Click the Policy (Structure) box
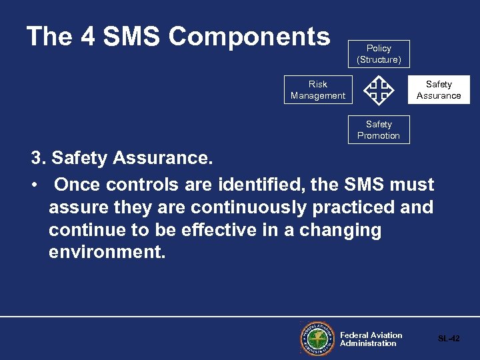[379, 54]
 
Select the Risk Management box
[317, 90]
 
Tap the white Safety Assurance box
[439, 90]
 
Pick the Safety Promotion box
[379, 130]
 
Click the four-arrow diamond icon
[379, 91]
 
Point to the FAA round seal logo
[317, 339]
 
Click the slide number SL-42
[449, 339]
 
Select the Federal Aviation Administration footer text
[371, 339]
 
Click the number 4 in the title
[88, 37]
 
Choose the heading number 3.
[38, 159]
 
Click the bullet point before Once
[34, 185]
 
